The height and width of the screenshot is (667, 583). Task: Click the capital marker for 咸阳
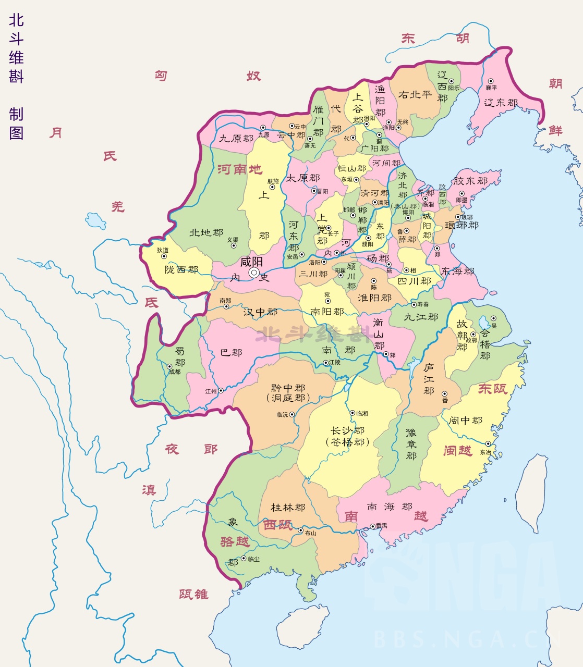click(x=254, y=273)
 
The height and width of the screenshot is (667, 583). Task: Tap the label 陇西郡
click(x=181, y=269)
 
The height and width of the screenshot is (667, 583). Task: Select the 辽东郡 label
click(x=501, y=103)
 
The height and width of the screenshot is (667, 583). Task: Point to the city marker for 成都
click(x=169, y=366)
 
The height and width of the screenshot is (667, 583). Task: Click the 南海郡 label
click(x=390, y=507)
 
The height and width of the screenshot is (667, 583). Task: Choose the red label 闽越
click(x=457, y=450)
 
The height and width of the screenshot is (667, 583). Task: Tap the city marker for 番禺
click(x=372, y=526)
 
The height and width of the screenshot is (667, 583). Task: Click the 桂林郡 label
click(x=288, y=507)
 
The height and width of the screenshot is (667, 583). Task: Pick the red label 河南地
click(x=239, y=169)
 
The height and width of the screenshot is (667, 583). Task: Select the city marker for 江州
click(x=221, y=390)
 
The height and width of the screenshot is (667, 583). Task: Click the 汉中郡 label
click(x=260, y=312)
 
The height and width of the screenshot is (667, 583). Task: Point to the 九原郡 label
click(x=236, y=139)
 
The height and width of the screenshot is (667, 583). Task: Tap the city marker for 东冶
click(x=488, y=444)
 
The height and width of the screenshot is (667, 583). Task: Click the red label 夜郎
click(x=191, y=449)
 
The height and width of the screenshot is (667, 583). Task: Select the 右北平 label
click(x=415, y=94)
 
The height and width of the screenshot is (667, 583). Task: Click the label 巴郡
click(x=231, y=353)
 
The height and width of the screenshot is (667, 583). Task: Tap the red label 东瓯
click(x=492, y=389)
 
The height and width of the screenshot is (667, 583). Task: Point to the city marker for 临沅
click(x=292, y=415)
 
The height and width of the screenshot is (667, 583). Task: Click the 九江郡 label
click(x=421, y=317)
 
